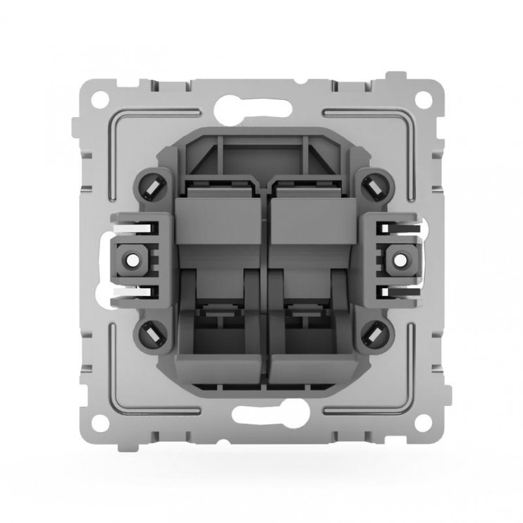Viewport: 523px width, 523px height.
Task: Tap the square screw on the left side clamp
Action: (131, 261)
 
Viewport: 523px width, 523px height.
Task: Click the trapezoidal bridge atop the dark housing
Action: (261, 154)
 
